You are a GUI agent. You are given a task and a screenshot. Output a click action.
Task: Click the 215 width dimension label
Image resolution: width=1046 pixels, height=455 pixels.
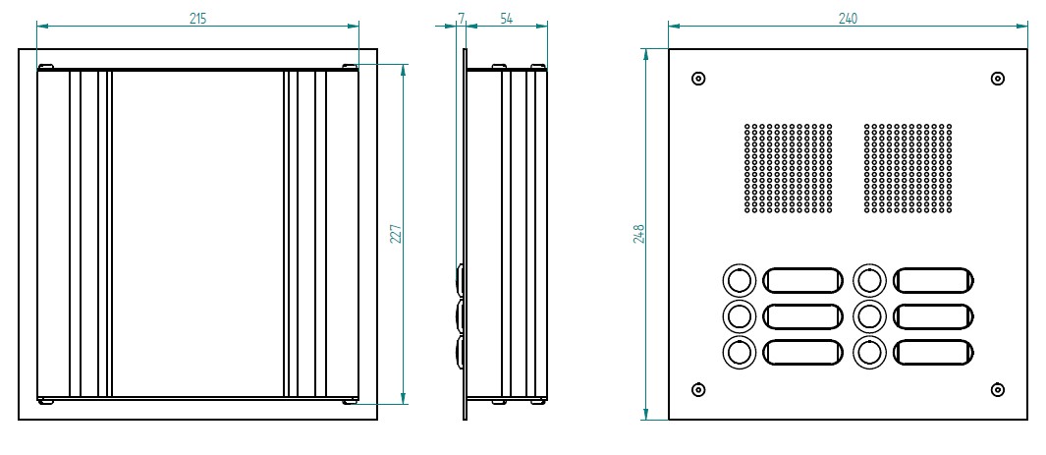(197, 19)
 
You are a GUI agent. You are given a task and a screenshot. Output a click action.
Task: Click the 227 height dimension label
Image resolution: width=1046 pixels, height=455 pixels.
(395, 234)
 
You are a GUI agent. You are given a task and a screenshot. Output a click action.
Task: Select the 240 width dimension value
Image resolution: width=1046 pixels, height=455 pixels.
(848, 19)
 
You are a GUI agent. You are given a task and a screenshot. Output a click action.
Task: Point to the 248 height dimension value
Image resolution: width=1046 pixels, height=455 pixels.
(639, 234)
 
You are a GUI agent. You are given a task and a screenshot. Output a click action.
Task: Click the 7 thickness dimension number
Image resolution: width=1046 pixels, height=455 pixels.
(461, 19)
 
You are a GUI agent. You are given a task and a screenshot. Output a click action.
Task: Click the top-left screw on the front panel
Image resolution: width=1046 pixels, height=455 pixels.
(698, 79)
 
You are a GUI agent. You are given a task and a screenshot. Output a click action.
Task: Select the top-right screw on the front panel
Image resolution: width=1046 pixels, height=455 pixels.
(997, 79)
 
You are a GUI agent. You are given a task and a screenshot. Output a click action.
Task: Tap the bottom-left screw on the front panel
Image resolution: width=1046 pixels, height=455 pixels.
(698, 390)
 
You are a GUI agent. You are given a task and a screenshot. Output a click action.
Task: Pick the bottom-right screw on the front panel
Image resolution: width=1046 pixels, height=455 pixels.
(997, 390)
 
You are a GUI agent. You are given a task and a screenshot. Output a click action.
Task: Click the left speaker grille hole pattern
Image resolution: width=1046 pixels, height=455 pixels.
(788, 168)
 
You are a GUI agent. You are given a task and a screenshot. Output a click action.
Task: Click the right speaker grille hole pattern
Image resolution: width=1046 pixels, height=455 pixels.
(908, 168)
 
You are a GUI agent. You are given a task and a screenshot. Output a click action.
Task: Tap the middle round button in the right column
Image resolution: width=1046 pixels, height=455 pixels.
(869, 316)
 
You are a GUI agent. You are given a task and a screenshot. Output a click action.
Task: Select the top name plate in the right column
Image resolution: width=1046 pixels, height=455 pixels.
(935, 281)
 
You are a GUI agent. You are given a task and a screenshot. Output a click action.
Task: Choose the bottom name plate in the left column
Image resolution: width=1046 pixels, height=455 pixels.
(803, 352)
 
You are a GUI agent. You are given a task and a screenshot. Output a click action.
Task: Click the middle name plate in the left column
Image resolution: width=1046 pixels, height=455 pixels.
(803, 316)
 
